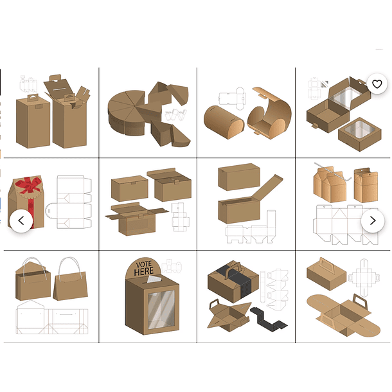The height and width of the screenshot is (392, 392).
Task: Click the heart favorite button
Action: click(377, 84)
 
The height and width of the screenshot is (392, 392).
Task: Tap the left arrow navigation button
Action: click(21, 221)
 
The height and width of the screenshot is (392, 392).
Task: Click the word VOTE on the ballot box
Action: click(144, 264)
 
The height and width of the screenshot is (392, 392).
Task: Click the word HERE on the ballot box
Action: click(144, 271)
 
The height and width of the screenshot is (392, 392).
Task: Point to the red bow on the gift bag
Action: click(28, 185)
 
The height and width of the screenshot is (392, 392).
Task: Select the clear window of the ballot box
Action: click(161, 310)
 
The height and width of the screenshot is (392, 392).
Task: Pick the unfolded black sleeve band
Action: click(269, 320)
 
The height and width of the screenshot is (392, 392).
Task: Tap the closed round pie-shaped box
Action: click(126, 112)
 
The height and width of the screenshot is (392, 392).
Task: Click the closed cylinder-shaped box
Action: click(224, 122)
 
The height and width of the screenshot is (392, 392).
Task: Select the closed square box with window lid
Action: click(360, 134)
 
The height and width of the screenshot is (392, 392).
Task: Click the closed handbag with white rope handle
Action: click(70, 280)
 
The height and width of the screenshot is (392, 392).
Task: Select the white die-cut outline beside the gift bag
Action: click(69, 202)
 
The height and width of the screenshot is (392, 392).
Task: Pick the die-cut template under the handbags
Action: click(52, 317)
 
